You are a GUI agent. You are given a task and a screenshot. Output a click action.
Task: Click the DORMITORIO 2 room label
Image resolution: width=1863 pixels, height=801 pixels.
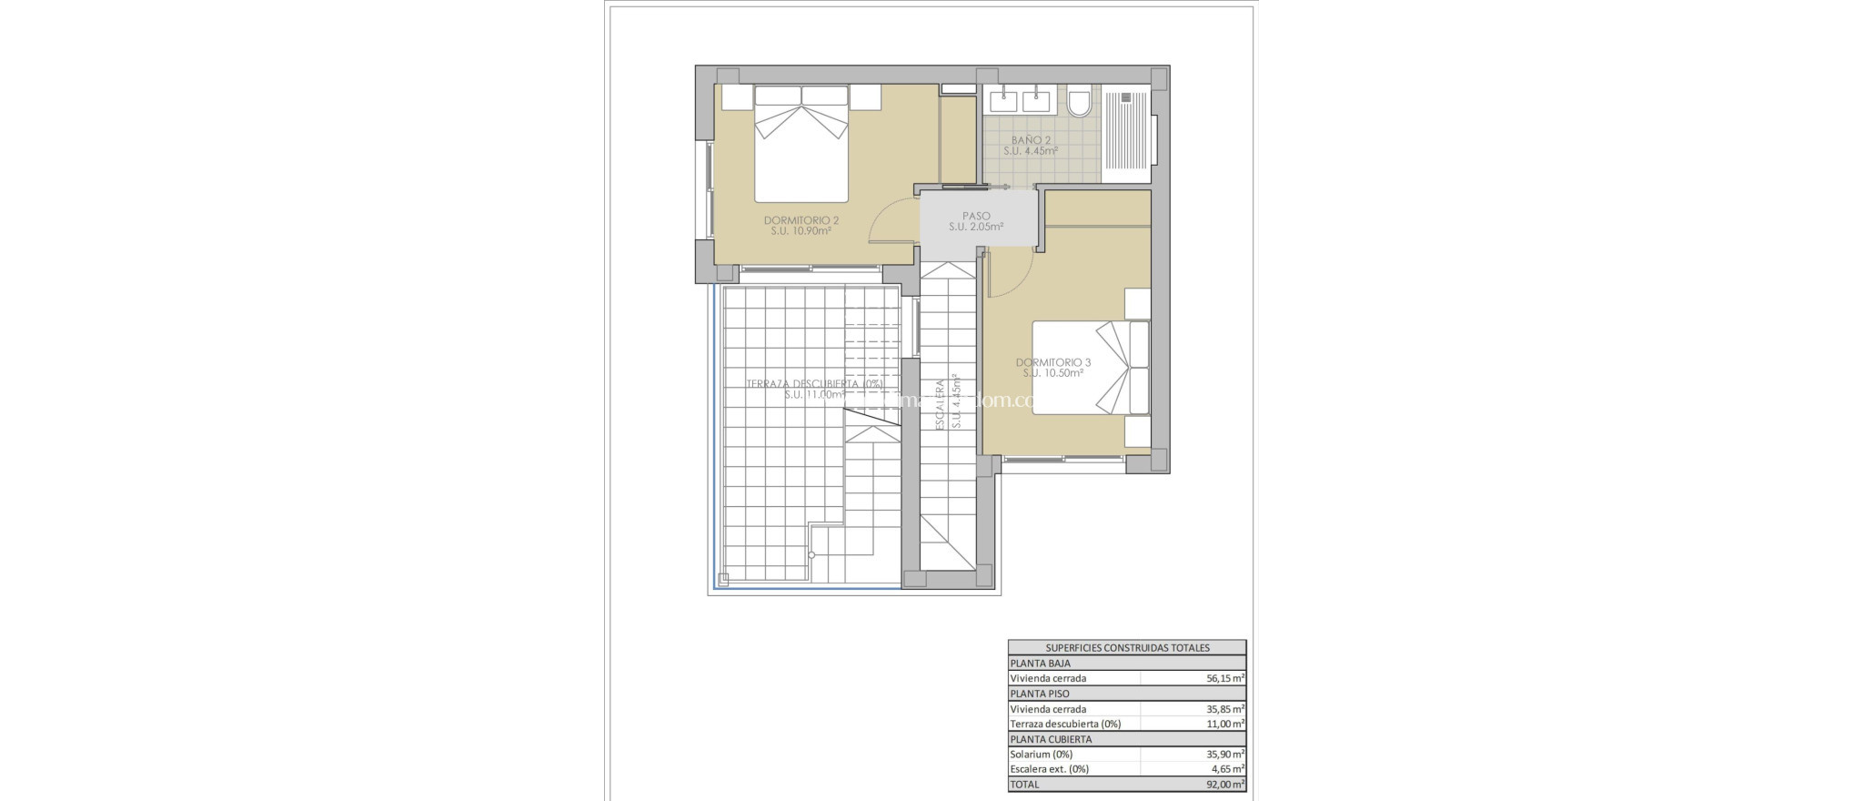[x=801, y=220]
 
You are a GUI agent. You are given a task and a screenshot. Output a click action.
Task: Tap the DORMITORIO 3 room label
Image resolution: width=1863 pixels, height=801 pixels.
[x=1052, y=362]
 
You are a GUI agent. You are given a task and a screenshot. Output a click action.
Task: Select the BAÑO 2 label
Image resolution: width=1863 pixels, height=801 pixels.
[x=1031, y=140]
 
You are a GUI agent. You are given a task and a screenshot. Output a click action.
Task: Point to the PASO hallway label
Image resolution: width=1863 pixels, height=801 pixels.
[x=976, y=217]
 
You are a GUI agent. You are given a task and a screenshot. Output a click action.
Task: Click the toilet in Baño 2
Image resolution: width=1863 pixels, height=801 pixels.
[x=1079, y=102]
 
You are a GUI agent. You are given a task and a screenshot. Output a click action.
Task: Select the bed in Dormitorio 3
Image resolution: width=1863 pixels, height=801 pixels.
[x=1089, y=368]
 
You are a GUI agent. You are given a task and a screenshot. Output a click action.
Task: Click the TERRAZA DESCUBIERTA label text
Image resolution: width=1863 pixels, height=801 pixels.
[x=814, y=384]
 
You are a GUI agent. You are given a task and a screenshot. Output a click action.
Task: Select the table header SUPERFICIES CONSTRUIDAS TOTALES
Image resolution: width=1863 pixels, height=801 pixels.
[x=1127, y=648]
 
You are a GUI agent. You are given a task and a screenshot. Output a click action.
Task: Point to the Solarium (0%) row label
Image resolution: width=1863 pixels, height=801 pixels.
[x=1041, y=754]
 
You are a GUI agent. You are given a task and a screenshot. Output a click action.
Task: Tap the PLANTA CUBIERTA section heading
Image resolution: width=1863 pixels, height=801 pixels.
[x=1051, y=739]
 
